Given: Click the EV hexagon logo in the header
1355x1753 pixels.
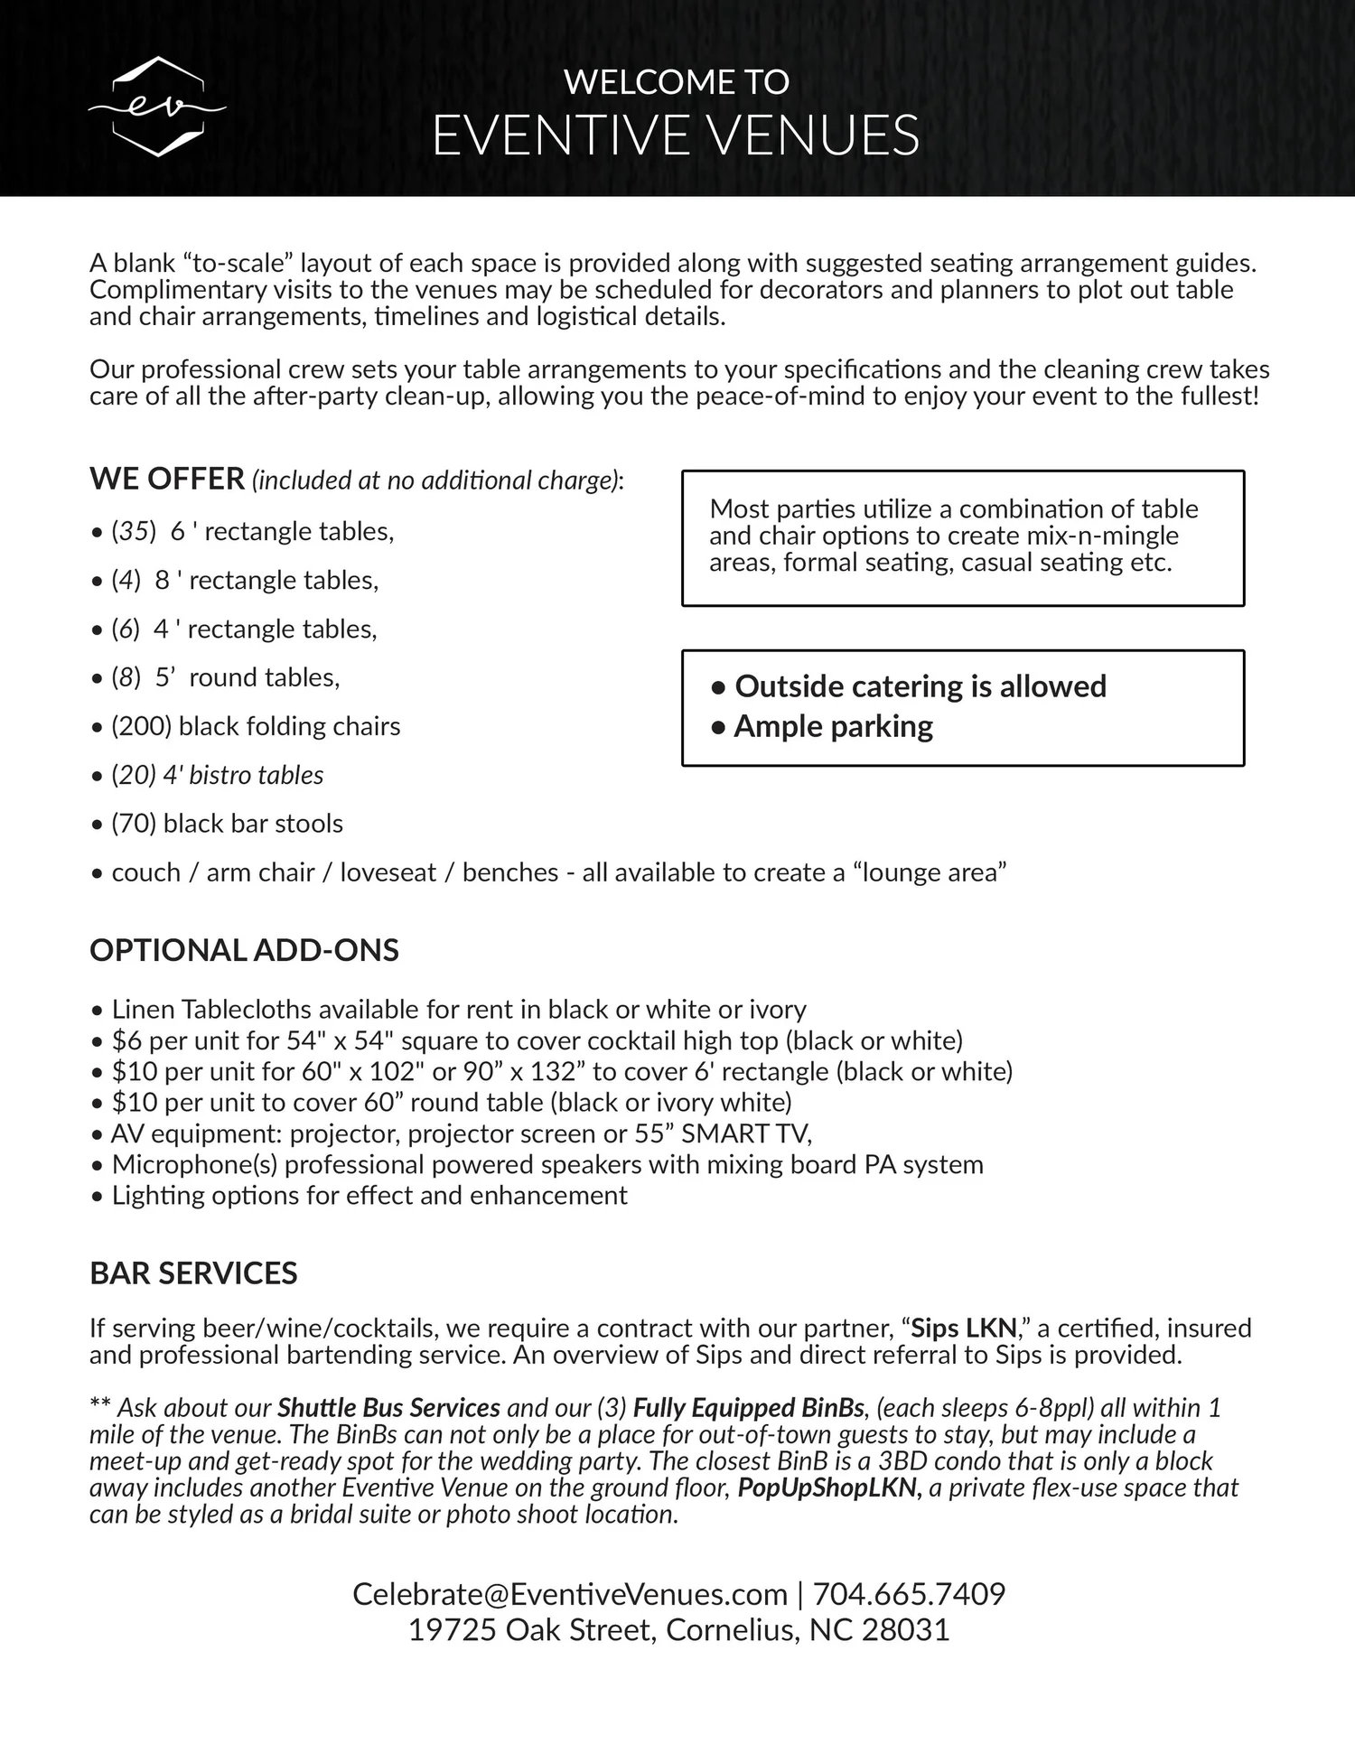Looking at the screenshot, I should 157,107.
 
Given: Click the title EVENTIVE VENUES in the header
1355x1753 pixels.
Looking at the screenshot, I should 676,135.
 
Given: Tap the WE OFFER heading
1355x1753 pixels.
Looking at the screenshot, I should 167,479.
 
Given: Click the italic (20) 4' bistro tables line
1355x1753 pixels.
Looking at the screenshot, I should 217,775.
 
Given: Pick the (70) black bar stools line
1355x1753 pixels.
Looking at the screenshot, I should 227,824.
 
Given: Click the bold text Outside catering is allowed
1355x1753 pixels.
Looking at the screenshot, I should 920,686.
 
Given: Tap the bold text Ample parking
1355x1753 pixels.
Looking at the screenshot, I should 833,726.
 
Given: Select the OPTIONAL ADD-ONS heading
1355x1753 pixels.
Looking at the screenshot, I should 244,950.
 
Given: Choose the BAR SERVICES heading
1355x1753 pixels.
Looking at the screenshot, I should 193,1273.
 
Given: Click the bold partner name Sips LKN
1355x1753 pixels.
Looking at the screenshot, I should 964,1328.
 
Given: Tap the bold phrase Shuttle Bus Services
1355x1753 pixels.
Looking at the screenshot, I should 388,1407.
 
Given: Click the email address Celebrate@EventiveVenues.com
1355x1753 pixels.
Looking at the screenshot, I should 570,1594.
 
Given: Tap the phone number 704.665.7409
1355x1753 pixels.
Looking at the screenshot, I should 909,1594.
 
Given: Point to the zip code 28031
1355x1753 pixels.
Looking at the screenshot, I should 905,1630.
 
